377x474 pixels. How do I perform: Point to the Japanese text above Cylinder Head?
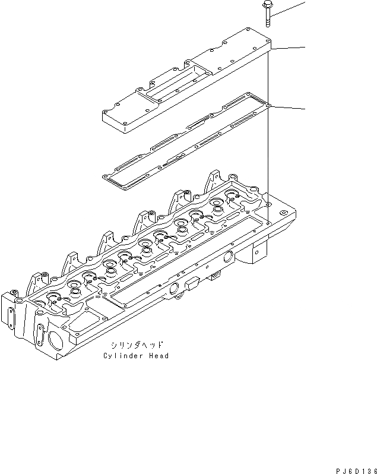[x=136, y=345]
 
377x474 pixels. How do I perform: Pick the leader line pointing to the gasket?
[x=289, y=108]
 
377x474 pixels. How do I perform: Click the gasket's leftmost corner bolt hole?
[x=106, y=176]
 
